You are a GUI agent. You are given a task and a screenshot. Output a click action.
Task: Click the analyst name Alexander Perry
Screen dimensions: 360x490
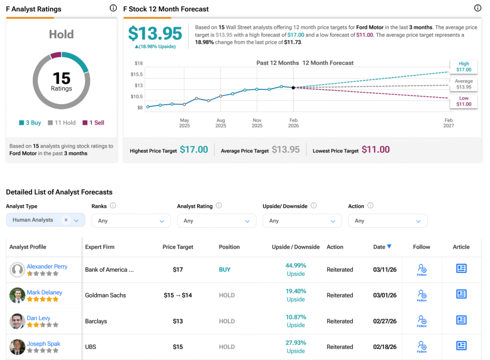pyautogui.click(x=47, y=266)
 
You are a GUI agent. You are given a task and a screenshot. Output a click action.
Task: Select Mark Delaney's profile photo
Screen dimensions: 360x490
pyautogui.click(x=17, y=295)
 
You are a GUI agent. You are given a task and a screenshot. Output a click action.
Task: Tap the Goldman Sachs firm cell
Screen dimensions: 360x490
pyautogui.click(x=105, y=295)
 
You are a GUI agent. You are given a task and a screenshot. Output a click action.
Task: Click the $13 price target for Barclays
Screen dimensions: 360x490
pyautogui.click(x=178, y=321)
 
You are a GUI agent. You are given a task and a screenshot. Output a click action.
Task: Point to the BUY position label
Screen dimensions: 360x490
pyautogui.click(x=224, y=270)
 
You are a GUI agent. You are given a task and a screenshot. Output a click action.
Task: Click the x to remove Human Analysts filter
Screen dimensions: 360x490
pyautogui.click(x=66, y=220)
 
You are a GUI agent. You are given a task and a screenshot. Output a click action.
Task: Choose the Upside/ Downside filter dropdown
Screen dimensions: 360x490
pyautogui.click(x=302, y=221)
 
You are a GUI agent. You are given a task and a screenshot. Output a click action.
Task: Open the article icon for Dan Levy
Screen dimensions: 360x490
pyautogui.click(x=461, y=320)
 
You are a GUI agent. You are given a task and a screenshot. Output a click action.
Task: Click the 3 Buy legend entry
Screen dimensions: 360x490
pyautogui.click(x=30, y=123)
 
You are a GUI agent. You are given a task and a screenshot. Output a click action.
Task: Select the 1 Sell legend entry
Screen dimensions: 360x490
pyautogui.click(x=93, y=123)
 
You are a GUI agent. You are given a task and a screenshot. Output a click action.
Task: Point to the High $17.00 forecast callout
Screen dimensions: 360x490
pyautogui.click(x=463, y=66)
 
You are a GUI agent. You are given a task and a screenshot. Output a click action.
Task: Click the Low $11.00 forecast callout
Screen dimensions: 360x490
pyautogui.click(x=463, y=101)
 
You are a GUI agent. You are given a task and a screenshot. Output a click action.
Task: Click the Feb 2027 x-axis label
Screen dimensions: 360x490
pyautogui.click(x=448, y=123)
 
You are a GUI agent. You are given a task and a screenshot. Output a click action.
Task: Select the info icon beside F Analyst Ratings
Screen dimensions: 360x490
pyautogui.click(x=113, y=8)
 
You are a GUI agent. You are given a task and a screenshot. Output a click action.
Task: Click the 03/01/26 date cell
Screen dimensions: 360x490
pyautogui.click(x=385, y=295)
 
